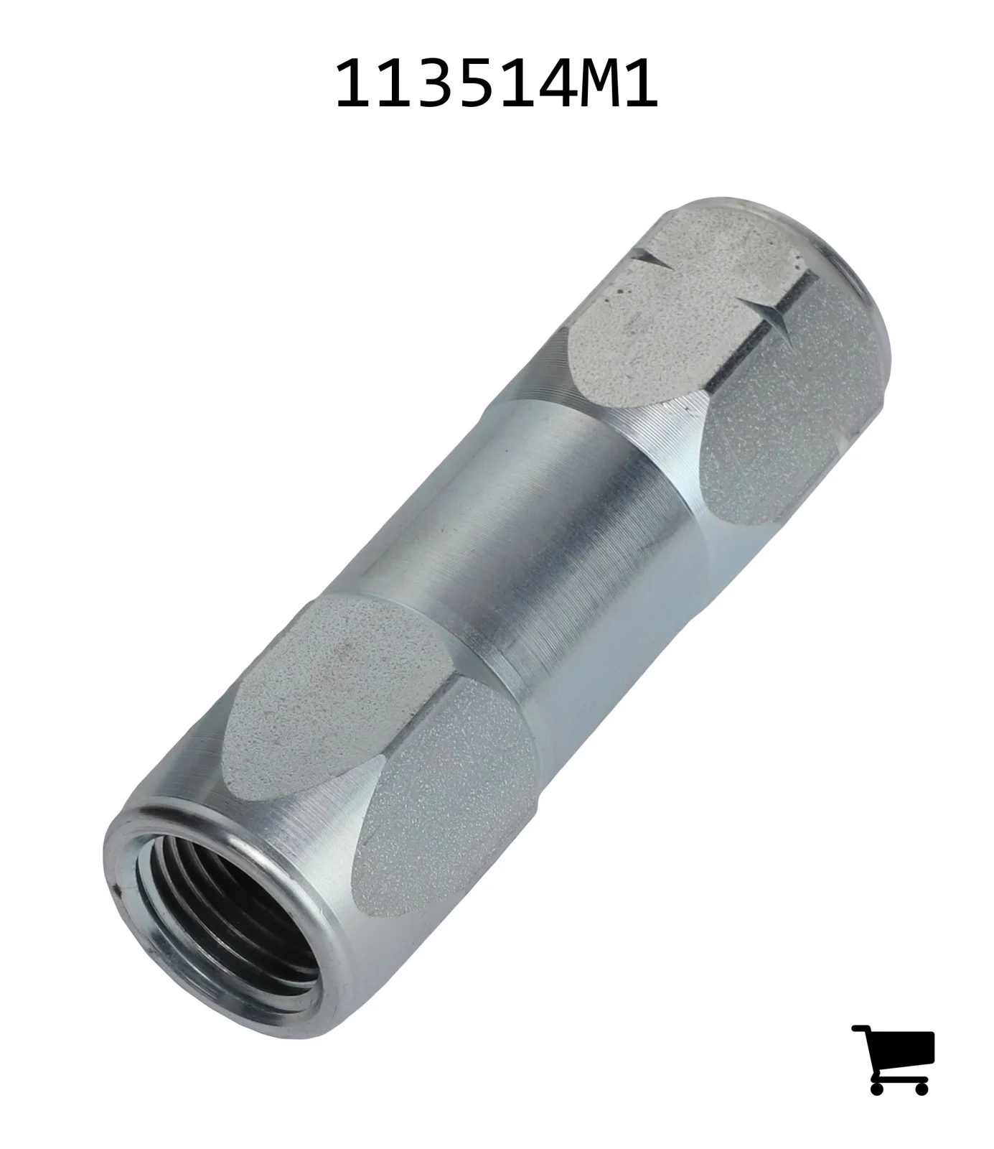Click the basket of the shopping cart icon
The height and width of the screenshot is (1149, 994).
905,1051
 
